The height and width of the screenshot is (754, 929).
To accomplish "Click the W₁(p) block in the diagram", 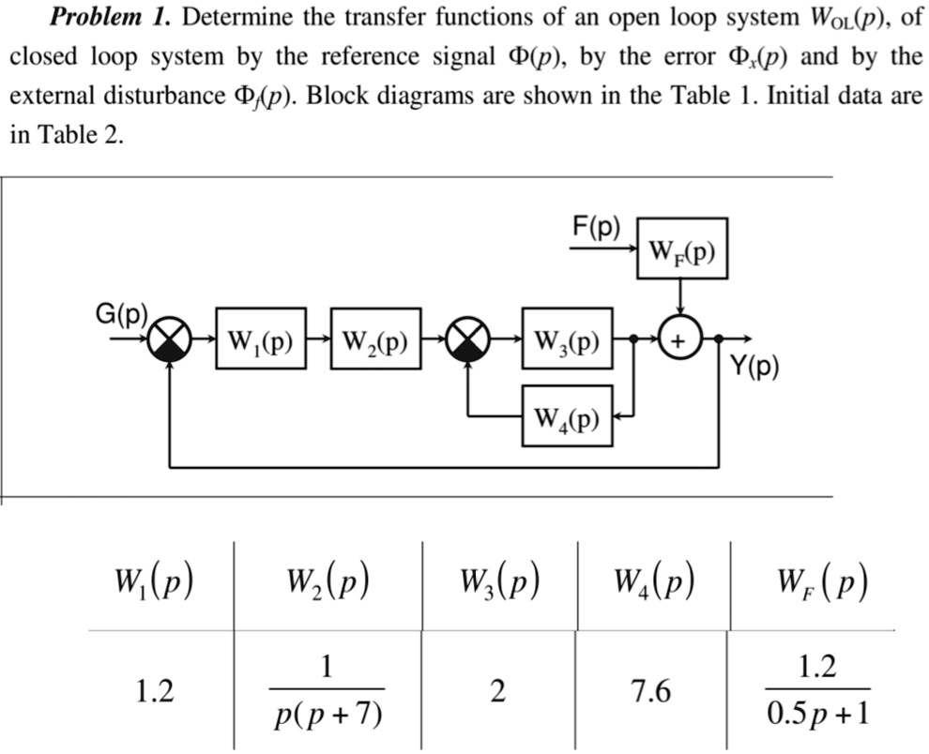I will tap(261, 338).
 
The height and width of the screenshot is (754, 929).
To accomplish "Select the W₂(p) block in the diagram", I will tap(376, 338).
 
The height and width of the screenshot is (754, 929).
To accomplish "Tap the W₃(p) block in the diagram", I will tap(567, 338).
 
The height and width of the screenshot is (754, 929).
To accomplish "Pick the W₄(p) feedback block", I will tap(567, 415).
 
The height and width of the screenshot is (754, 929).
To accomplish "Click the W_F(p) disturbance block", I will tap(681, 249).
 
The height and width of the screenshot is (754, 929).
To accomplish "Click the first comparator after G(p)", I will tap(170, 339).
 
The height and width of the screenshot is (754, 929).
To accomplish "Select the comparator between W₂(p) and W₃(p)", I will tap(466, 339).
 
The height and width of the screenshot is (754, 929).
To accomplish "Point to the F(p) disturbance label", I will tap(596, 226).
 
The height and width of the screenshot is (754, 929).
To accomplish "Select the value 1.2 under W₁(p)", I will tap(154, 692).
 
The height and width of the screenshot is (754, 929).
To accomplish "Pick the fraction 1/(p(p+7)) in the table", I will tap(327, 692).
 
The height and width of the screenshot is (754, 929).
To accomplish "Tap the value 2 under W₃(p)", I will tap(497, 692).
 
